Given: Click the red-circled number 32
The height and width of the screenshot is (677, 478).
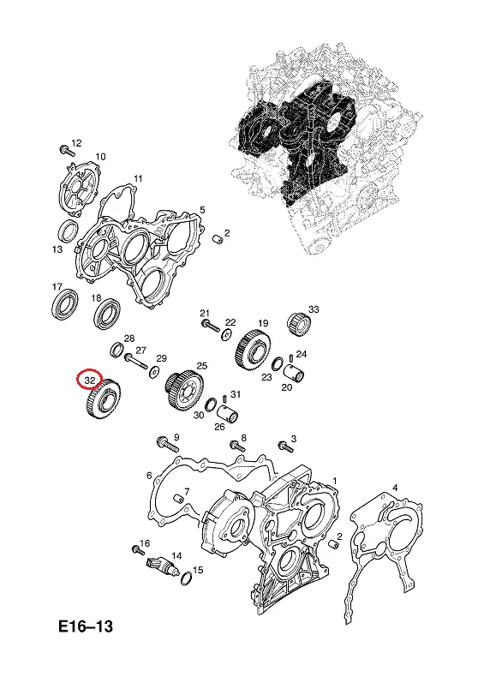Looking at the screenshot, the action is pyautogui.click(x=90, y=380).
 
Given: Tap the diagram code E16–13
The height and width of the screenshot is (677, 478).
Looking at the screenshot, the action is pyautogui.click(x=86, y=626).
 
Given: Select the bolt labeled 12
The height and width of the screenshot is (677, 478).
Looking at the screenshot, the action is pyautogui.click(x=66, y=151).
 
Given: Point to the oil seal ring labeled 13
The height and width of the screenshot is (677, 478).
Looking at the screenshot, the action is pyautogui.click(x=69, y=231).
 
